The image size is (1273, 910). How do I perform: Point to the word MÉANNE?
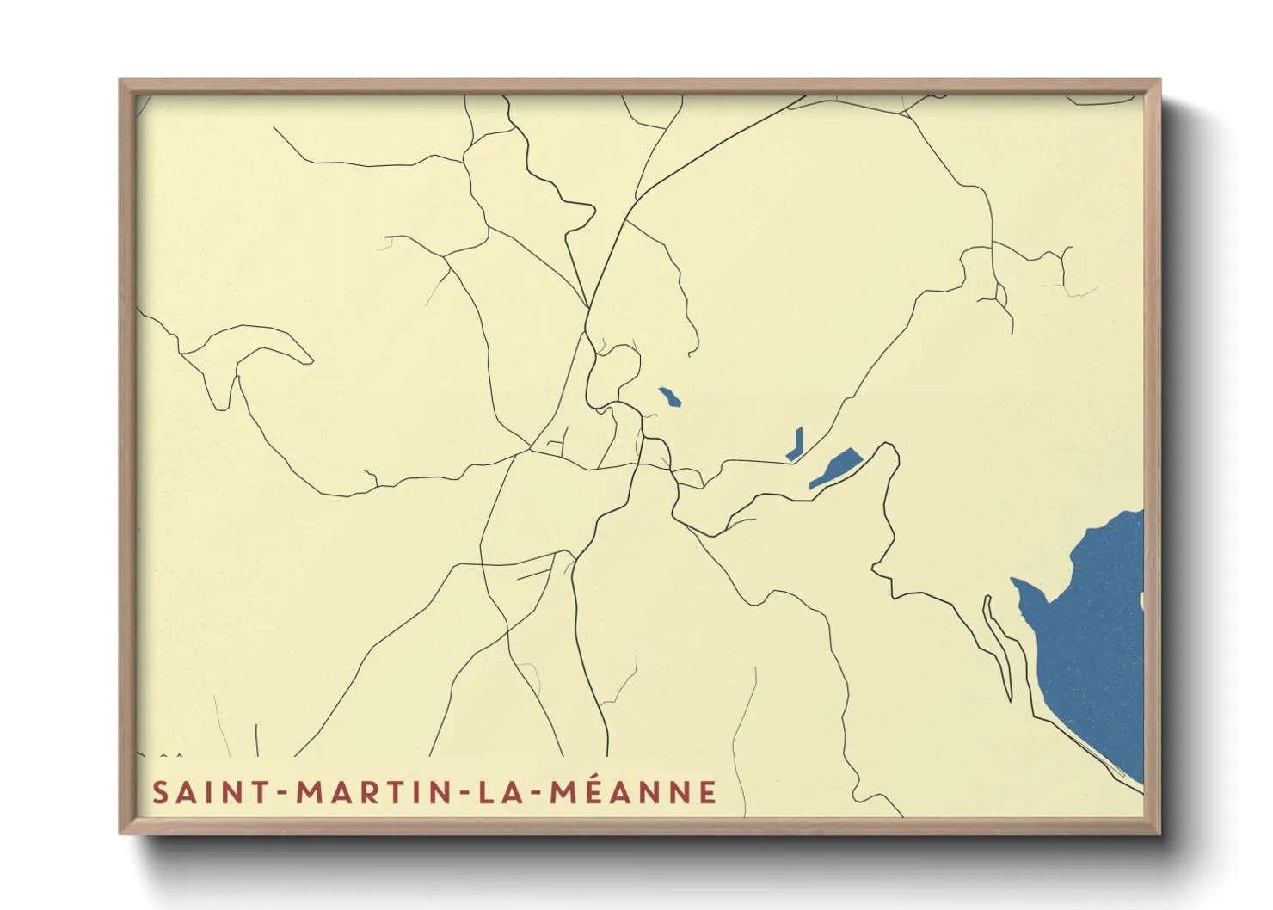click(x=634, y=792)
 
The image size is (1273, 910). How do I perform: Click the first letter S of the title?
click(x=160, y=792)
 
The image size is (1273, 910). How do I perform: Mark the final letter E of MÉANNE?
click(x=709, y=792)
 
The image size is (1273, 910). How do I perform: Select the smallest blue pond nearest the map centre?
click(x=670, y=397)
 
